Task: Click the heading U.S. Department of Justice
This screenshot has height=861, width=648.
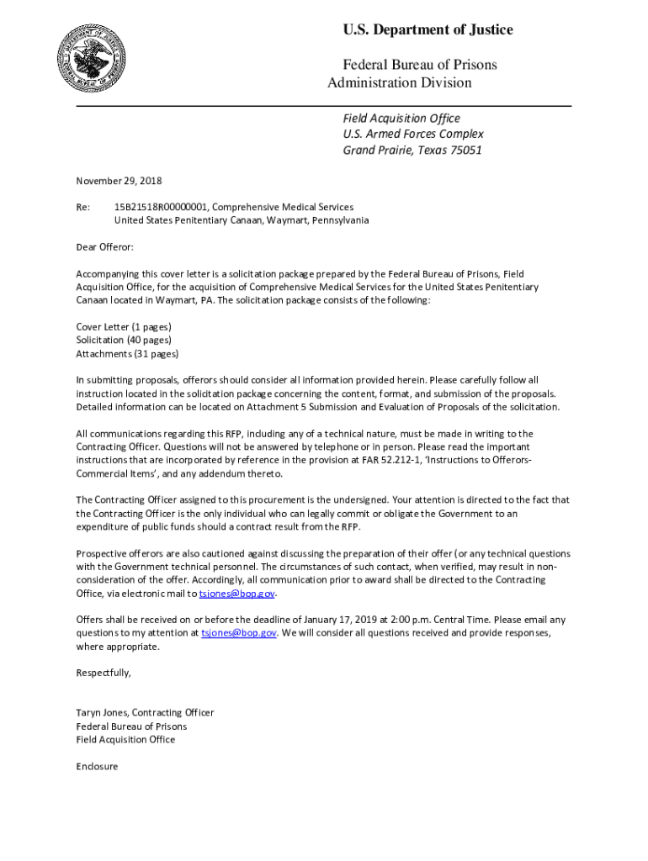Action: pyautogui.click(x=428, y=30)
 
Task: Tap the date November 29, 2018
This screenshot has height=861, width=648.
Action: pyautogui.click(x=119, y=181)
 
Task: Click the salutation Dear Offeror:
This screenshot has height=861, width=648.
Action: pyautogui.click(x=105, y=247)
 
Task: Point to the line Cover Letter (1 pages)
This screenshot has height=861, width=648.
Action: pyautogui.click(x=124, y=326)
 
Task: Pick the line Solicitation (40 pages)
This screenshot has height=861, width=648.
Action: pyautogui.click(x=124, y=340)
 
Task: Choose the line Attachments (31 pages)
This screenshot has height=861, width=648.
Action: pyautogui.click(x=127, y=353)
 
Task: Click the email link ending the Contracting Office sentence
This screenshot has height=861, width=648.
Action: pyautogui.click(x=236, y=594)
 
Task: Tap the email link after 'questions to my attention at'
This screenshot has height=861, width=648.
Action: pyautogui.click(x=238, y=633)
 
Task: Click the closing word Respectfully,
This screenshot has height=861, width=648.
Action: pyautogui.click(x=104, y=673)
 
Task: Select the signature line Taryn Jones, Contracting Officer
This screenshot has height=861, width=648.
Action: pyautogui.click(x=145, y=712)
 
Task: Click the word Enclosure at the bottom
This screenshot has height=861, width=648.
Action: pyautogui.click(x=98, y=766)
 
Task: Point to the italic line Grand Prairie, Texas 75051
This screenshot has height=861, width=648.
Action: pyautogui.click(x=412, y=151)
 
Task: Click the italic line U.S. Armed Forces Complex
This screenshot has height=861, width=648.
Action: pyautogui.click(x=412, y=135)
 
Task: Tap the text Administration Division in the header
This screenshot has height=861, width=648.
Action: pyautogui.click(x=399, y=82)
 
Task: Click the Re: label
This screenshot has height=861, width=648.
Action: pyautogui.click(x=83, y=207)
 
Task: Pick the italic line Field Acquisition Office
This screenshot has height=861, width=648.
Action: pyautogui.click(x=401, y=119)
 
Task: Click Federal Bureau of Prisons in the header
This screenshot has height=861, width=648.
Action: pyautogui.click(x=419, y=65)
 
